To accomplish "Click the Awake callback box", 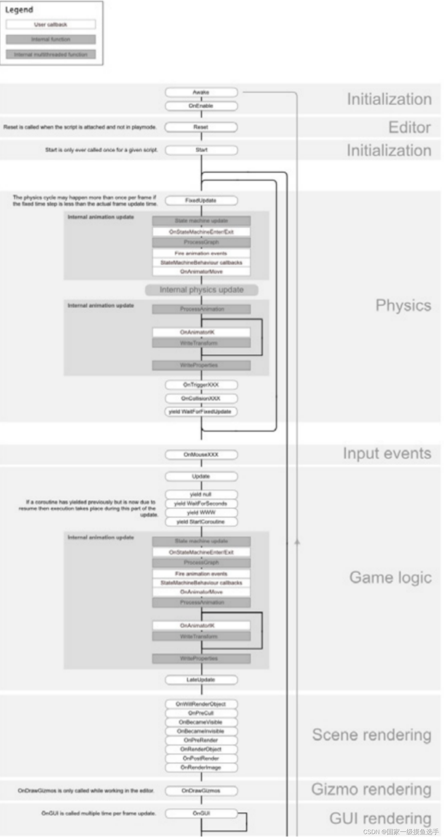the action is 201,92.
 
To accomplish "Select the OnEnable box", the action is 201,106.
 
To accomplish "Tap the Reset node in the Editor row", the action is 201,127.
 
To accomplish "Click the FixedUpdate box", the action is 201,200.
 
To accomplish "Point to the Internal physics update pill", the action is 201,290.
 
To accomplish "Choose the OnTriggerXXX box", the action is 201,385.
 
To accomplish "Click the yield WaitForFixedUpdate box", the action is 200,411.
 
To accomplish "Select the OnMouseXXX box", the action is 201,455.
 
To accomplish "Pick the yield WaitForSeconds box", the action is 201,503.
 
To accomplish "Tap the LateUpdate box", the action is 201,680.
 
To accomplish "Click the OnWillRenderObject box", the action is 201,704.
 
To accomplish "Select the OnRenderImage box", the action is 201,767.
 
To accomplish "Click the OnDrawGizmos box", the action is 201,791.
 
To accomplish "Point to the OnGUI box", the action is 201,813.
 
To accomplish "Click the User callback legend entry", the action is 51,25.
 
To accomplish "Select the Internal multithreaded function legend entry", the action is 51,54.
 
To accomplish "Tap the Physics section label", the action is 403,305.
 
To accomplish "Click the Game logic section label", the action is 390,577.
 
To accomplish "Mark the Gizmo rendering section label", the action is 371,789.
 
